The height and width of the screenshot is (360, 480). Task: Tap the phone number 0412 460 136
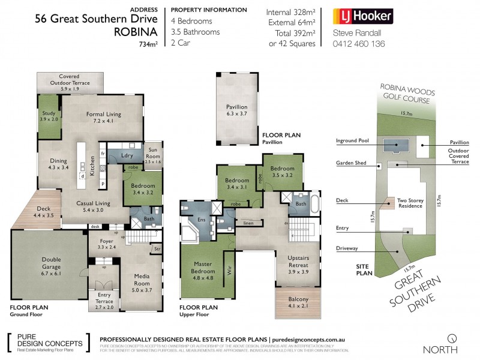[x=358, y=44]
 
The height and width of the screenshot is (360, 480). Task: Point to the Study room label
[x=47, y=116]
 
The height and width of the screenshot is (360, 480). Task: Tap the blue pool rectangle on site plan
[x=395, y=144]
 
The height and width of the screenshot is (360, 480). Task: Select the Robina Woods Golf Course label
[x=406, y=94]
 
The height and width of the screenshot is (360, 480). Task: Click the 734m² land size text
[x=148, y=44]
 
